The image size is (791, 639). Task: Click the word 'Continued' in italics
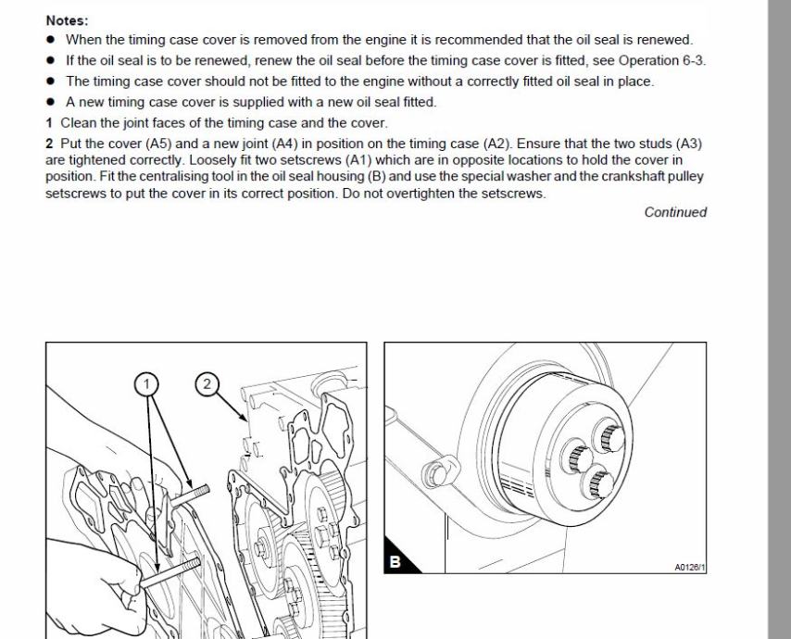click(x=675, y=212)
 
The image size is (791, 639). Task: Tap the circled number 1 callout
click(x=146, y=382)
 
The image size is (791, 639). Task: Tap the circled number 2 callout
click(x=207, y=382)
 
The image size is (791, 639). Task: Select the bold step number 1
click(x=49, y=123)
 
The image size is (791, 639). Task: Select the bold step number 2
click(x=49, y=143)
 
